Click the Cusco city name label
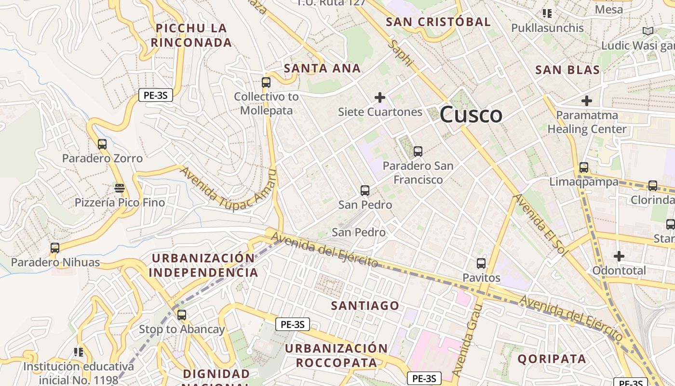[471, 115]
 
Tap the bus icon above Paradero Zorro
[102, 144]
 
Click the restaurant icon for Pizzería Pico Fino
[120, 188]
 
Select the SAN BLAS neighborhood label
[567, 70]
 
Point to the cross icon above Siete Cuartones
[380, 97]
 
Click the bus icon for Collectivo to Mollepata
[266, 82]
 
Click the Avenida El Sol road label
[539, 225]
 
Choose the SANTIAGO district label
[365, 305]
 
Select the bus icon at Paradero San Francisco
[418, 151]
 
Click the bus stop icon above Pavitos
[481, 263]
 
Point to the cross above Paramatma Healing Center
[587, 101]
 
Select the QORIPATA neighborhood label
[552, 358]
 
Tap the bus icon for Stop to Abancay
[181, 315]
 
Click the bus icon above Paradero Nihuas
[55, 248]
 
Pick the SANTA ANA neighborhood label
[322, 69]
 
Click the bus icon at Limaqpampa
[584, 167]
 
